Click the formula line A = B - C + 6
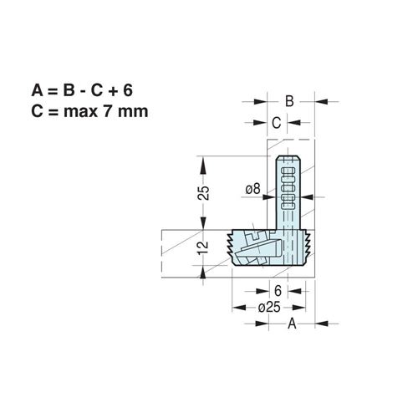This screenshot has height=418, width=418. click(82, 90)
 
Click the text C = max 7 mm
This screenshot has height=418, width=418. click(89, 111)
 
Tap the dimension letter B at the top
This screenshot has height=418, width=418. click(289, 101)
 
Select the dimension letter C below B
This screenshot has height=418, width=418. click(276, 123)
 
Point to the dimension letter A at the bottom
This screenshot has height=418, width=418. click(292, 324)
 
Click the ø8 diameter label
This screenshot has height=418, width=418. click(252, 189)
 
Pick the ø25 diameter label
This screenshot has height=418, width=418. click(269, 308)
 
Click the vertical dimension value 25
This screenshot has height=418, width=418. click(203, 192)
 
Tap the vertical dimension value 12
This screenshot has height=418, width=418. click(203, 247)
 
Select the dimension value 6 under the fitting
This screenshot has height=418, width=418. click(278, 291)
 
